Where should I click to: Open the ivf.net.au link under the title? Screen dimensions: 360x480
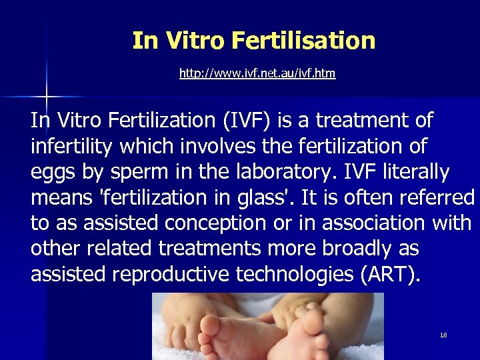tap(257, 73)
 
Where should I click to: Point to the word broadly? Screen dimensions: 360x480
tap(358, 247)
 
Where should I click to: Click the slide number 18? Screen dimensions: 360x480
tap(443, 335)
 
